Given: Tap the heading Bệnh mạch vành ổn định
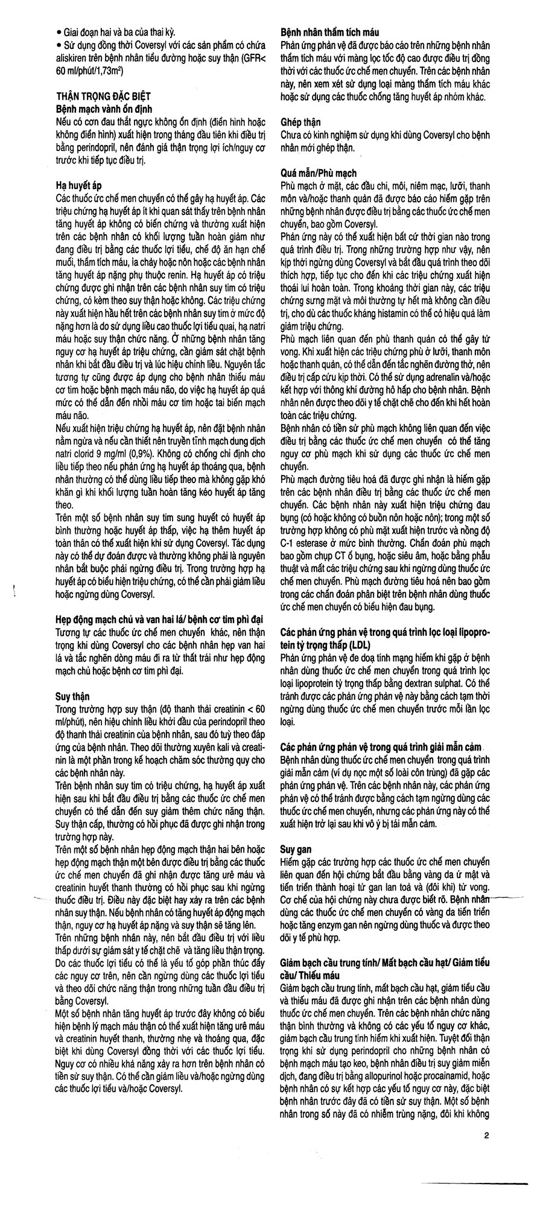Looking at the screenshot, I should [x=103, y=107].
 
